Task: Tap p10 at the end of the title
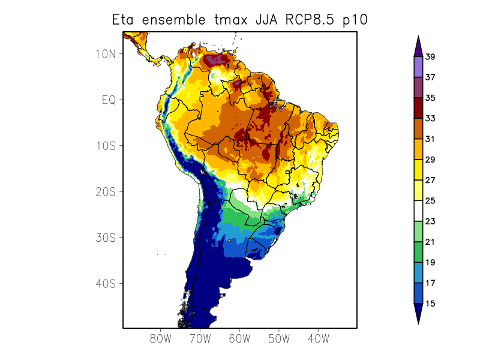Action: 355,20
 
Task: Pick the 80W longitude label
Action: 161,338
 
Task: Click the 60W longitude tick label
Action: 239,338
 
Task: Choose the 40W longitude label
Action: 318,338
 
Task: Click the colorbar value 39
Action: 430,57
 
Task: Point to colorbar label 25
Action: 430,201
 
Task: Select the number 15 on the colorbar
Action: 430,304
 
